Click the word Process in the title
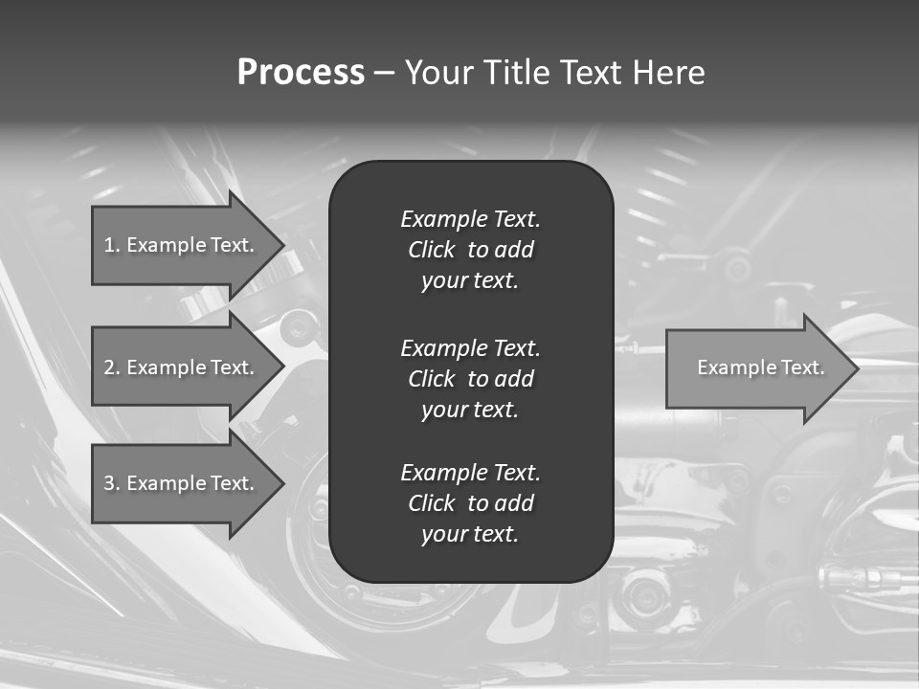(x=301, y=73)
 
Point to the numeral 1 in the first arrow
(x=109, y=245)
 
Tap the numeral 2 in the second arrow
(x=109, y=367)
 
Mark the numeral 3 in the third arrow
(x=109, y=483)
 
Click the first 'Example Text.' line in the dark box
(x=470, y=219)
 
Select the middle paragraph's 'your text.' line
(x=470, y=410)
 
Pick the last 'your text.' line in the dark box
(x=470, y=534)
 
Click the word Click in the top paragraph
(x=432, y=250)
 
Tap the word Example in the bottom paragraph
(x=443, y=473)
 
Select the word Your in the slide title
(x=439, y=73)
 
